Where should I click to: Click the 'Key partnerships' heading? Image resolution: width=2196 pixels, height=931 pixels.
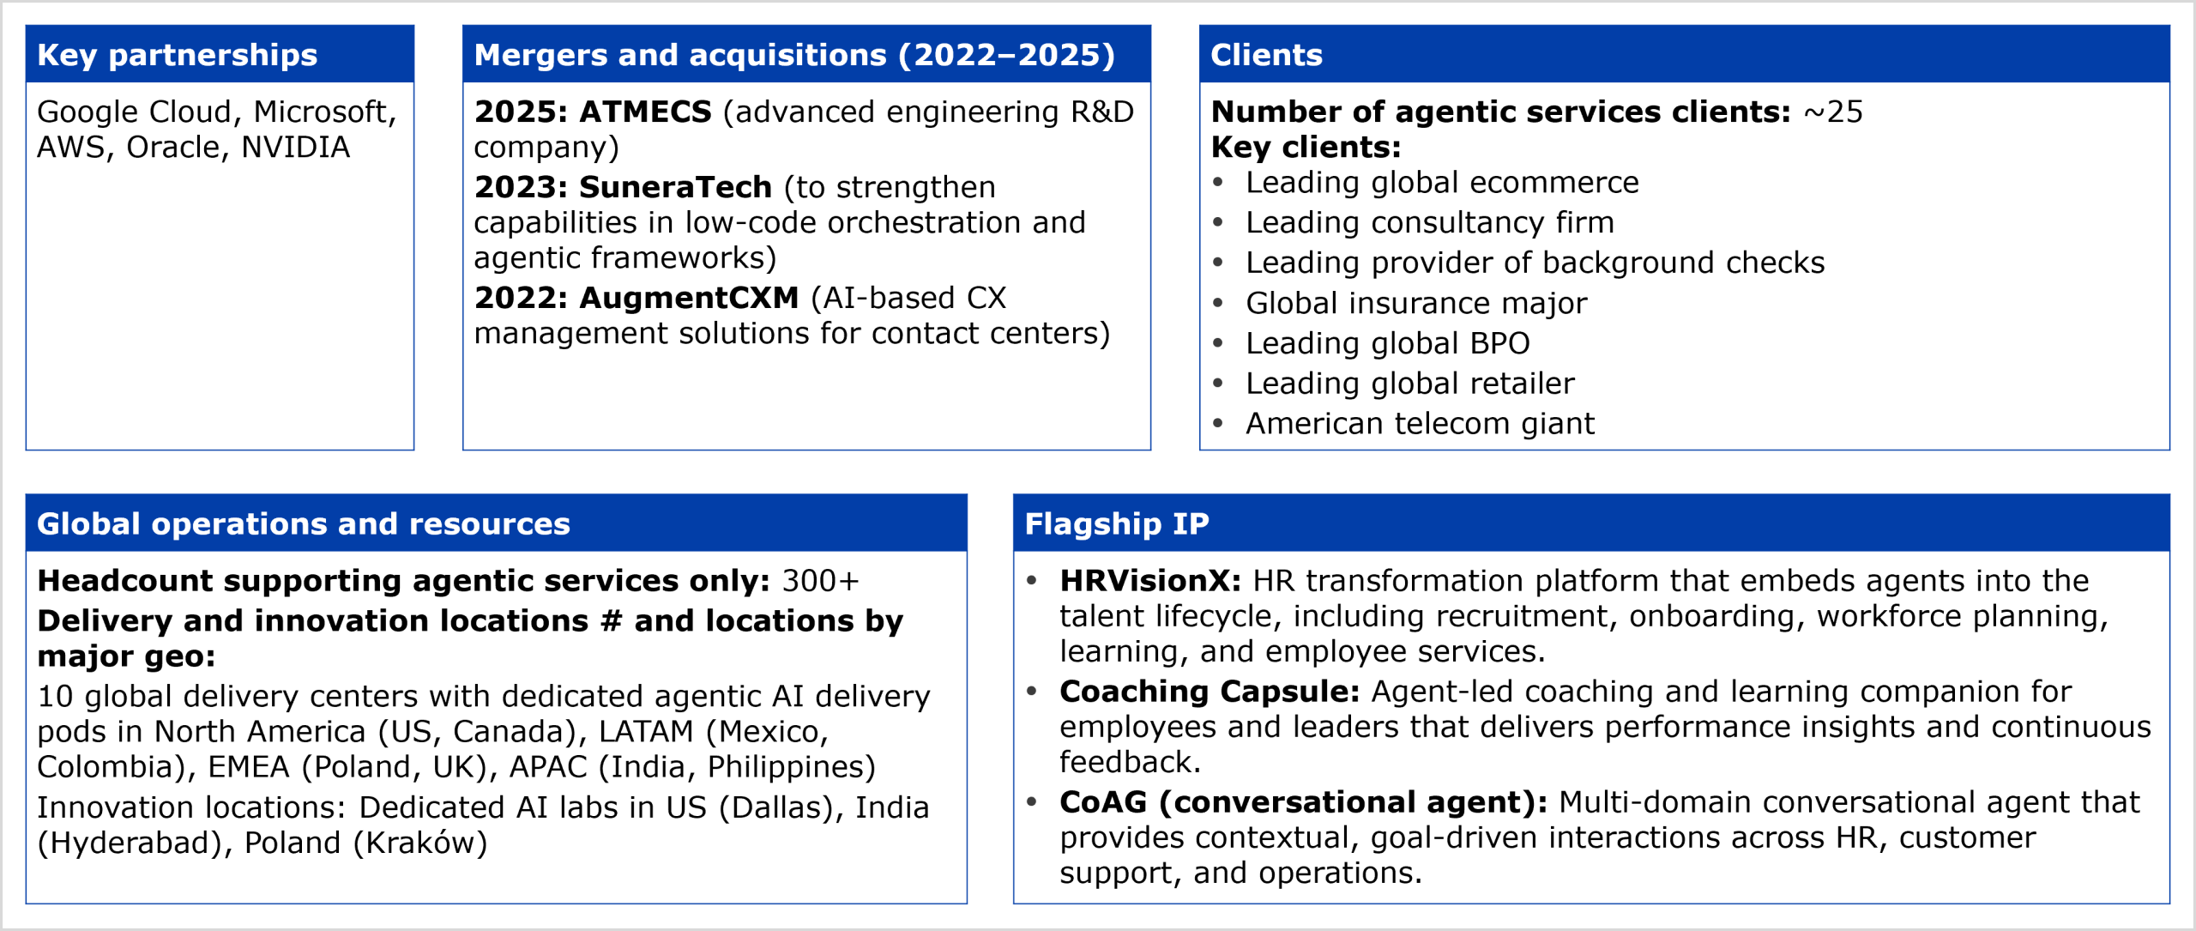coord(177,55)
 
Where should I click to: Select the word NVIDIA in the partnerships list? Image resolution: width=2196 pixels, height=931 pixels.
coord(295,148)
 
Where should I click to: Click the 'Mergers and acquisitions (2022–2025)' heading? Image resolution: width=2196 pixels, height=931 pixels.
coord(794,55)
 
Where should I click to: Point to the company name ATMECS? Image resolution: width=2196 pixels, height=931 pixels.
coord(645,112)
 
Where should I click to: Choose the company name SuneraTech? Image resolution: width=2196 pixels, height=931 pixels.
coord(675,187)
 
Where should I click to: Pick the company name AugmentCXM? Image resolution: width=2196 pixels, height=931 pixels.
coord(689,298)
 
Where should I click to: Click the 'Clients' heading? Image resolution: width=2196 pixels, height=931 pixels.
coord(1266,55)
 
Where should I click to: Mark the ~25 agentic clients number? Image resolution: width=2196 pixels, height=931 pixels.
coord(1833,112)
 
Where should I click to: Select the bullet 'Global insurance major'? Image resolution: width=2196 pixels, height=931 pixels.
coord(1416,303)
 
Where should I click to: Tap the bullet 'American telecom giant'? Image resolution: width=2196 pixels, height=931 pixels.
coord(1420,424)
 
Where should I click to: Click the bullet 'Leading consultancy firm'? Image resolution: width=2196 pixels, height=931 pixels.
coord(1430,223)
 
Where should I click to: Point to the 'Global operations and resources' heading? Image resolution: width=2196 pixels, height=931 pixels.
coord(304,524)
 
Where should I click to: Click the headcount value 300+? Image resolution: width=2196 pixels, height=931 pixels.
coord(820,581)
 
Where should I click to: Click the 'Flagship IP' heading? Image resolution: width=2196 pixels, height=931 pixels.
coord(1117,524)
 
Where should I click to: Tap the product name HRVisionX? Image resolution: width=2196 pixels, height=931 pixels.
coord(1149,581)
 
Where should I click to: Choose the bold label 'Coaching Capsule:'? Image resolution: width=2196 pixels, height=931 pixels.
coord(1210,692)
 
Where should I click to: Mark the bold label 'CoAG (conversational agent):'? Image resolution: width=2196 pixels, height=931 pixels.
coord(1303,802)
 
